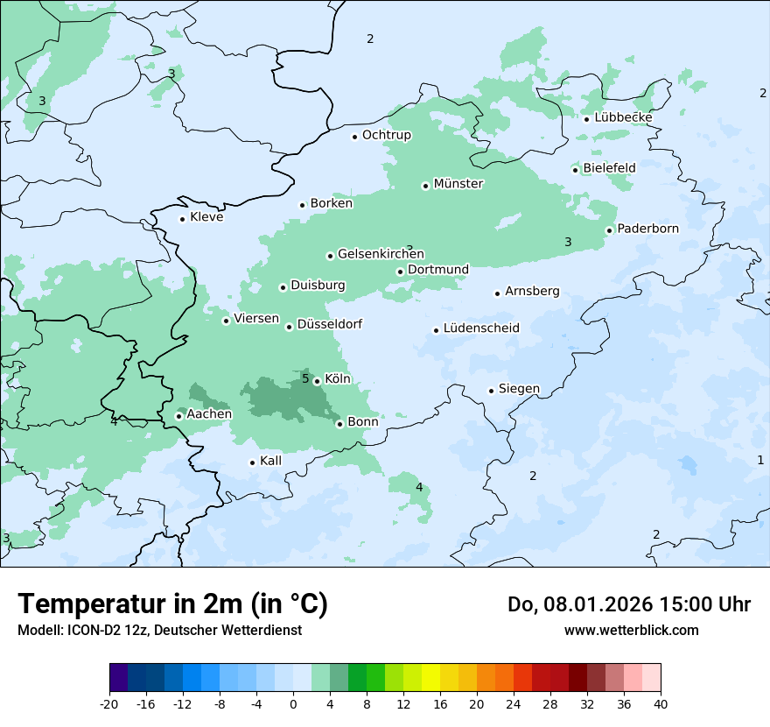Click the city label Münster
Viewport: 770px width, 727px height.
(458, 184)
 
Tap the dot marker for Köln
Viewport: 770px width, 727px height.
(317, 381)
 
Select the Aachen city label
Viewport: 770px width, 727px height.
(209, 414)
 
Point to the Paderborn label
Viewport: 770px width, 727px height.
(647, 229)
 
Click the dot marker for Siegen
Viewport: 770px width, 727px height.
(492, 391)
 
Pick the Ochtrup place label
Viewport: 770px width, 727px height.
(386, 135)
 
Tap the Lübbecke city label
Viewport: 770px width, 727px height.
(623, 117)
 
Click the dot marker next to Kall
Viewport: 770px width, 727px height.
(253, 462)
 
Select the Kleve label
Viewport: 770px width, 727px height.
(206, 217)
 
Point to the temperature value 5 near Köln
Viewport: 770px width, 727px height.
(305, 378)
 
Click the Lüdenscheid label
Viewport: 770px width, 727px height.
(481, 328)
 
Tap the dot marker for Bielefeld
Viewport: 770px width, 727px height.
(576, 170)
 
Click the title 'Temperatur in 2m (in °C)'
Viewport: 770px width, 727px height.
(172, 603)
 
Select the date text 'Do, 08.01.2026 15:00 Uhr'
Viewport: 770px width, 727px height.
(628, 603)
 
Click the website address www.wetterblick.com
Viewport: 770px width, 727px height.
(631, 630)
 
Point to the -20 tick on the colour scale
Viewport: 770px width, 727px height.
(109, 703)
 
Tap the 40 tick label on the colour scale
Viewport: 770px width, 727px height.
(661, 703)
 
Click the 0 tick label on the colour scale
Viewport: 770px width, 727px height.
(293, 703)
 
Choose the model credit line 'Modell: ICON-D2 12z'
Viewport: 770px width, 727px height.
(159, 630)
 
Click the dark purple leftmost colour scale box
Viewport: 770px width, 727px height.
(119, 678)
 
